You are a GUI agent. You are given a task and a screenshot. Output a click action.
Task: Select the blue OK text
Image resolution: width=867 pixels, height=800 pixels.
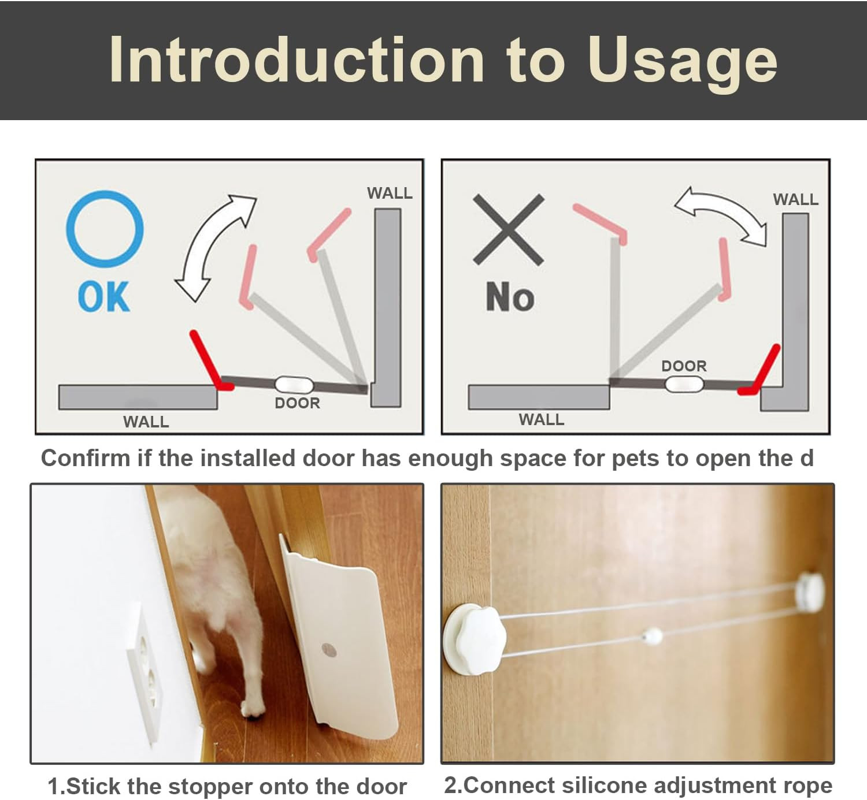104,297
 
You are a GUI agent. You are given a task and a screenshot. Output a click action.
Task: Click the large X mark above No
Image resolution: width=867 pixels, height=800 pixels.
509,229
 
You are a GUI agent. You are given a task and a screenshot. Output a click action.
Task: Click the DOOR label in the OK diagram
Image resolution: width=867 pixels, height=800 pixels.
297,403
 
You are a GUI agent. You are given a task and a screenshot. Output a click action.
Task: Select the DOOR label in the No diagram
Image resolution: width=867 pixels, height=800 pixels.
684,366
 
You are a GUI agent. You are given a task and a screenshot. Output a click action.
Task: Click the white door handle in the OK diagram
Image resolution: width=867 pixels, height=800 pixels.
294,385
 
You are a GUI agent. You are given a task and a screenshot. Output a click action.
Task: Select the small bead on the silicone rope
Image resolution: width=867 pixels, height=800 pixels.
652,637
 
